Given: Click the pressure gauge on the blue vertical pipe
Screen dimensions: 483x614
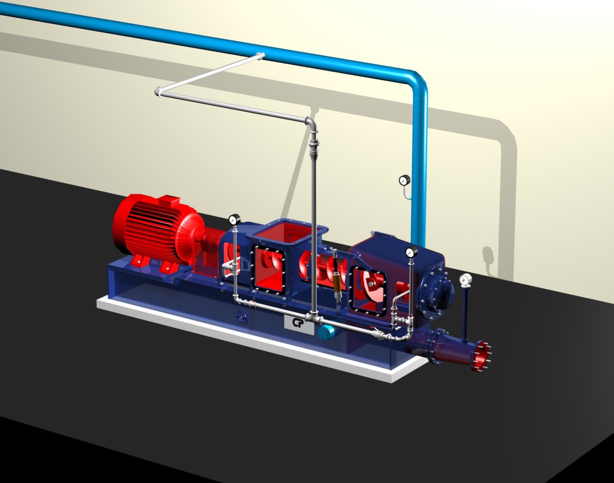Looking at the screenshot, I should [x=405, y=180].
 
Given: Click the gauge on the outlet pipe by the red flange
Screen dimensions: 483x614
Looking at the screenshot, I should [x=466, y=279].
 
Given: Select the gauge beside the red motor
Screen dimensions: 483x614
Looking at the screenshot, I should [x=233, y=220].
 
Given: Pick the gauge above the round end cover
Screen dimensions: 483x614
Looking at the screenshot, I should [x=410, y=252].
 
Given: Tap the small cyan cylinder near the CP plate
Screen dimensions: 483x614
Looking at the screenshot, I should [x=325, y=332].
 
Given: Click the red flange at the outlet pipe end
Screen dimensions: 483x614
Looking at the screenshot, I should [x=481, y=356].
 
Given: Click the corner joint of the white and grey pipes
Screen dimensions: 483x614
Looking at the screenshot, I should [x=159, y=91].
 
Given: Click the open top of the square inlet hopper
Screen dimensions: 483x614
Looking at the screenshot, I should [x=284, y=233].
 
